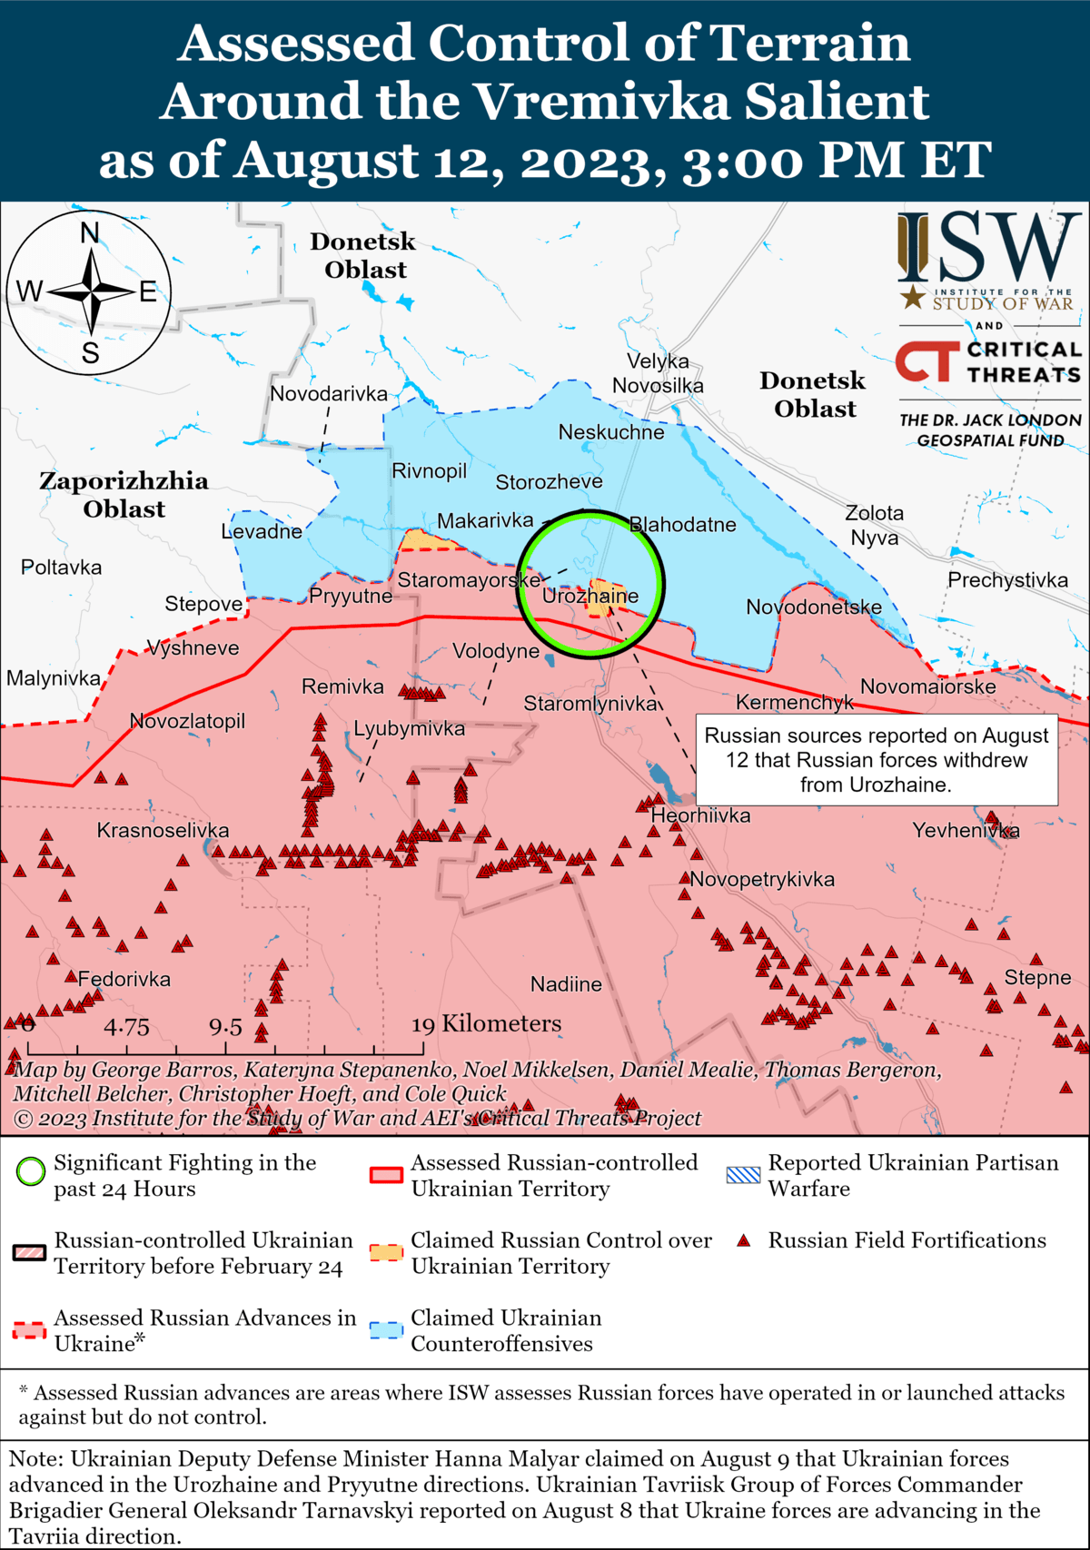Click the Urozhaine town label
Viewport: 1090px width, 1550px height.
point(590,597)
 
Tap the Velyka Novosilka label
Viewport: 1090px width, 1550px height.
point(658,373)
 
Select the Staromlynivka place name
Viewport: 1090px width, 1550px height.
point(590,704)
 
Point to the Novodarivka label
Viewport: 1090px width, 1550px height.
point(329,394)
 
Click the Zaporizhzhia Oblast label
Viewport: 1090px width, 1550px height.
point(124,494)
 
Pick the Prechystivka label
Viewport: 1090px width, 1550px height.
point(1007,580)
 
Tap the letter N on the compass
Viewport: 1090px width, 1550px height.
point(90,234)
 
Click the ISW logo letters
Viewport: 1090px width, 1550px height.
point(989,247)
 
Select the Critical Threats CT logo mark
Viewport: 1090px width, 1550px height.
point(927,361)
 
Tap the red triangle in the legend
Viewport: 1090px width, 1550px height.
point(744,1241)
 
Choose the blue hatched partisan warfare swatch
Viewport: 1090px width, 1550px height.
point(743,1175)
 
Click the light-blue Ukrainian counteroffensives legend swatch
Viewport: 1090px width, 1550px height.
point(386,1331)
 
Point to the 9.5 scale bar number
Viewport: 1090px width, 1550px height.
point(225,1028)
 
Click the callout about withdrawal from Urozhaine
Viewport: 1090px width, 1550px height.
point(877,760)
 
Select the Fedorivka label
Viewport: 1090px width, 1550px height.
point(124,980)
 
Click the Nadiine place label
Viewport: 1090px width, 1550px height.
point(566,984)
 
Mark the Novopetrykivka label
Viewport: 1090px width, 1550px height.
point(762,879)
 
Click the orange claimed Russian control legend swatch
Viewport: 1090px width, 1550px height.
point(386,1253)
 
